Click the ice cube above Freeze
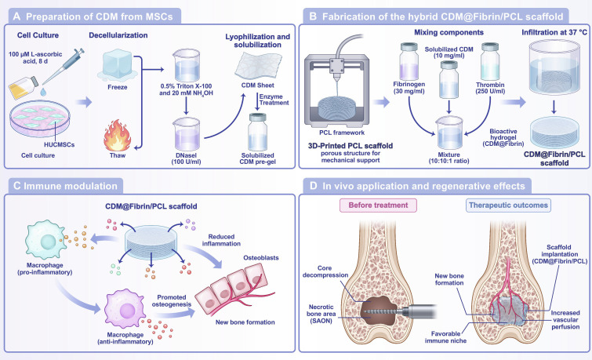(x=118, y=67)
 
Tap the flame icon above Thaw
(x=118, y=135)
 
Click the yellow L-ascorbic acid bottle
(x=24, y=87)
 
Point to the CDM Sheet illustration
(x=258, y=65)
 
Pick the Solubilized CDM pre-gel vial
(x=258, y=133)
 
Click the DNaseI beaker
(x=187, y=134)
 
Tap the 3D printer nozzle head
(x=336, y=68)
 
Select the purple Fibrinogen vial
(x=409, y=61)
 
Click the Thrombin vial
(x=490, y=61)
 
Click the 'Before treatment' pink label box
(x=378, y=205)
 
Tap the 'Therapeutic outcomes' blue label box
(x=508, y=205)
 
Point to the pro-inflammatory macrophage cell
(x=45, y=241)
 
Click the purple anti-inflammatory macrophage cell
(x=125, y=310)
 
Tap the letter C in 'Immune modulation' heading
(x=17, y=186)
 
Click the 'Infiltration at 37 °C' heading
(x=554, y=32)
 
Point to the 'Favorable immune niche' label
(x=445, y=337)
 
